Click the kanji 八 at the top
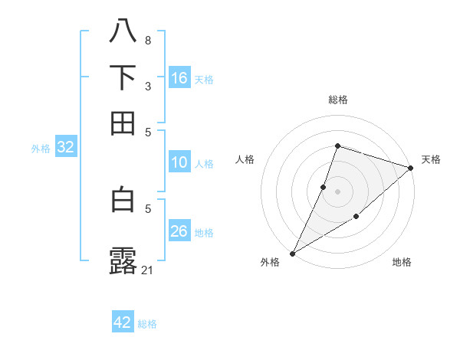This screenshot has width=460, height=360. pos(123,31)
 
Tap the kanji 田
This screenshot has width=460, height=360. pos(123,123)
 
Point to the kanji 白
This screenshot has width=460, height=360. pos(123,199)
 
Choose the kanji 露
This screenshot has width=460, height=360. pos(123,260)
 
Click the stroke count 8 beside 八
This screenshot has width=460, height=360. pos(148,40)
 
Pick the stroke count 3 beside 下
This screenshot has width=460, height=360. pos(148,86)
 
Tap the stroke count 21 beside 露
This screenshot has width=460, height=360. pos(148,269)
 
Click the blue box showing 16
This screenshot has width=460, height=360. pos(179,78)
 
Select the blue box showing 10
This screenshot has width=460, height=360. pos(179,162)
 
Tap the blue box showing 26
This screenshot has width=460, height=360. pos(179,231)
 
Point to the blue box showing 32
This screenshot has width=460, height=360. pos(65,148)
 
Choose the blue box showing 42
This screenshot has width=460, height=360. pos(123,322)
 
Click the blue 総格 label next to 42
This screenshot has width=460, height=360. pos(147,324)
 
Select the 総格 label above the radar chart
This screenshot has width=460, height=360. pos(337,100)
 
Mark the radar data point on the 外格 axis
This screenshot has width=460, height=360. pos(292,253)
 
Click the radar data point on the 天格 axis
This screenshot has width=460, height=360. pos(411,167)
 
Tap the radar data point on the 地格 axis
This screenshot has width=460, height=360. pos(356,218)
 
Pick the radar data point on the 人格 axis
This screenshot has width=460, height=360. pos(324,186)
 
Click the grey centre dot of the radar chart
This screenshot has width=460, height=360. pos(337,191)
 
